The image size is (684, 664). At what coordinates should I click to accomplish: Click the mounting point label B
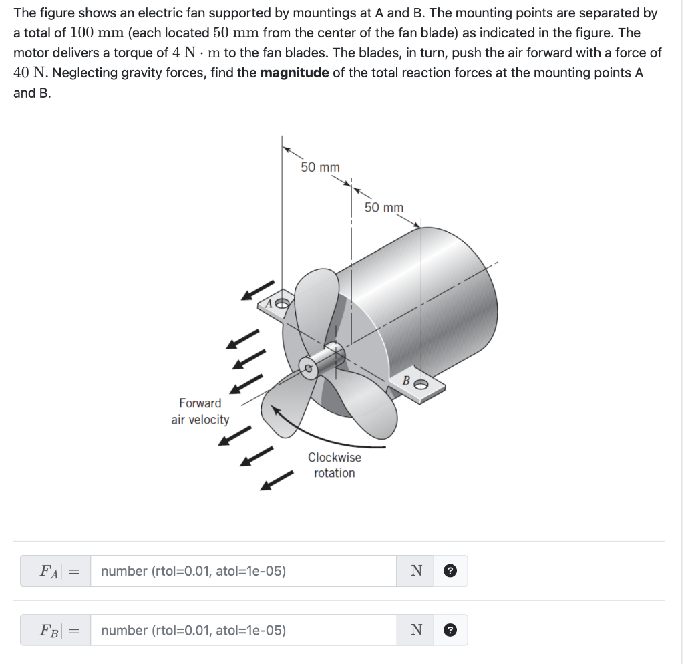(x=405, y=380)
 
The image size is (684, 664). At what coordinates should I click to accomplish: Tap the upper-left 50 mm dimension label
(x=320, y=167)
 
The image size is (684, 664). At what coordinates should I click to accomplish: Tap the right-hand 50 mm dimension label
(x=384, y=208)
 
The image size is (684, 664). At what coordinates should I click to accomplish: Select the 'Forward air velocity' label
(x=200, y=411)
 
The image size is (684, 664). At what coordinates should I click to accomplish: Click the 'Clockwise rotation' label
(x=334, y=465)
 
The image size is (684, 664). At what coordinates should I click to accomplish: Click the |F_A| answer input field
(x=243, y=571)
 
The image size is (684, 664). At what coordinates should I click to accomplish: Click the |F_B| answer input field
(x=243, y=630)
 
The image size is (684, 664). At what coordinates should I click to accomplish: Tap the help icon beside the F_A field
(x=451, y=571)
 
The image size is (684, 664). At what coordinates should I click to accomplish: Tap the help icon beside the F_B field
(x=451, y=630)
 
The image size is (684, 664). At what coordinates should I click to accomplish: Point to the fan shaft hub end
(x=309, y=369)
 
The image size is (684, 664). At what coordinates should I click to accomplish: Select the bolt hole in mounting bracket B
(x=421, y=384)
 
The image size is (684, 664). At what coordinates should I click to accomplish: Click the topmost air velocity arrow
(x=258, y=291)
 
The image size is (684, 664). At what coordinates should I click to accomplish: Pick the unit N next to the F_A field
(x=417, y=571)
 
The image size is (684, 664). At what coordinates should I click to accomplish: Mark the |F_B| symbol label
(x=47, y=630)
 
